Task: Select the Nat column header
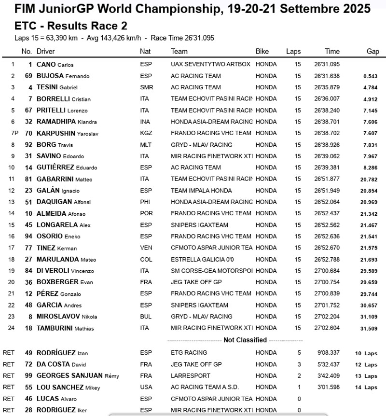point(145,51)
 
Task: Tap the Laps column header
point(293,51)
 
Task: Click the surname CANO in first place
point(46,64)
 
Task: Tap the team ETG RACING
point(189,353)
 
